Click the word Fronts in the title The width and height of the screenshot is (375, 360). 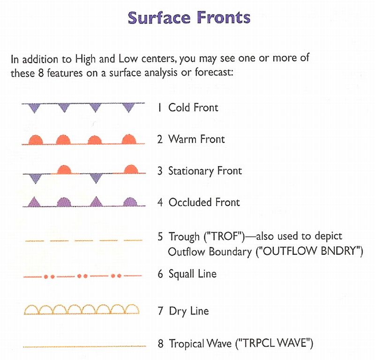click(224, 18)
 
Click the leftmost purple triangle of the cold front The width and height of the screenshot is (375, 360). click(34, 108)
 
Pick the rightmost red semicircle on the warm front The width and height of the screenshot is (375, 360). click(129, 139)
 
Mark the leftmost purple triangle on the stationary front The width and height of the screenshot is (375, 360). click(36, 179)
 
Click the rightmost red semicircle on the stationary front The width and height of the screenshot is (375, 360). click(131, 169)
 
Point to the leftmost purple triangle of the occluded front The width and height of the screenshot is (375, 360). click(34, 202)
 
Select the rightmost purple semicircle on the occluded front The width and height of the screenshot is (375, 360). click(130, 202)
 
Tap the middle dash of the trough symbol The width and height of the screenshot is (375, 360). click(84, 240)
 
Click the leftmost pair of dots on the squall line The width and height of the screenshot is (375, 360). click(49, 276)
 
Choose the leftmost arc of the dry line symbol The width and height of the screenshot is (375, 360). click(31, 309)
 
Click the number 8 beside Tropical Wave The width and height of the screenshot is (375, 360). click(160, 344)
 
